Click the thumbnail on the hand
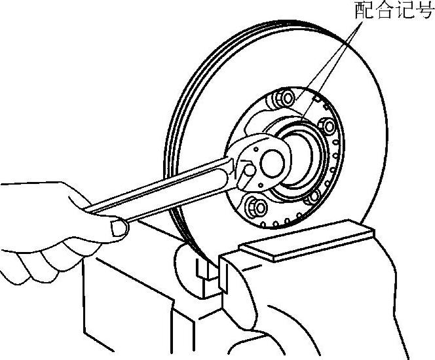tap(118, 228)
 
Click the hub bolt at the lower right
tap(312, 195)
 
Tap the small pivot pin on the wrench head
tap(250, 170)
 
